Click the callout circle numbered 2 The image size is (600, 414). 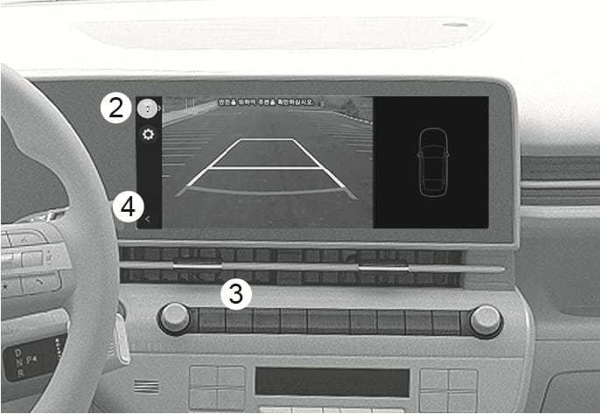(113, 109)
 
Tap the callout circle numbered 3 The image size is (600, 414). (235, 293)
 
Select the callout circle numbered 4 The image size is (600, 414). (128, 208)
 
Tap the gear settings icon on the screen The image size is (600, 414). (148, 135)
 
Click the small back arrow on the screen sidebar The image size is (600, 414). (148, 220)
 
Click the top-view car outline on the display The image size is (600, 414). (431, 162)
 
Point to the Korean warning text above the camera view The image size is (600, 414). (267, 102)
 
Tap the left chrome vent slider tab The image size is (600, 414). (199, 262)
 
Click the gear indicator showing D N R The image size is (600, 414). (19, 359)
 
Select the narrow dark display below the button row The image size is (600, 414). (331, 382)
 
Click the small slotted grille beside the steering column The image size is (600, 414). (147, 386)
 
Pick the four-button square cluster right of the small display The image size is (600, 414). (448, 389)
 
